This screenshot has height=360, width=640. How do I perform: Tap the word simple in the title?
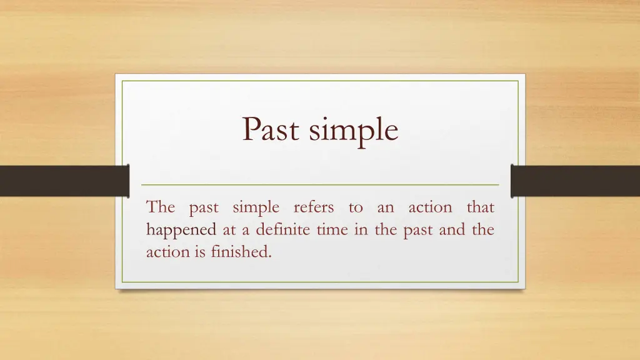[x=353, y=131]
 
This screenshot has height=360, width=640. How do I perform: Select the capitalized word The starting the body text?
[x=161, y=207]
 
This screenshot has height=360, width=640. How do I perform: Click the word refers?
[x=314, y=206]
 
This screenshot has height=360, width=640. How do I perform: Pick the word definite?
[x=283, y=229]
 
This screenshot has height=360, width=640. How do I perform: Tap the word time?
[x=332, y=229]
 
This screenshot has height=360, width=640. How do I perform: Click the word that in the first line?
[x=481, y=207]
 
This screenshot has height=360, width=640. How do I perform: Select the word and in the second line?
[x=452, y=229]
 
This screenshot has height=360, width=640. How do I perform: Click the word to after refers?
[x=356, y=207]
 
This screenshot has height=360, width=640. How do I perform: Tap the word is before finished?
[x=200, y=252]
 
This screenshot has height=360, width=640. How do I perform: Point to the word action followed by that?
[x=430, y=207]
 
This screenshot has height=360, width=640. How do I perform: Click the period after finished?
[x=270, y=257]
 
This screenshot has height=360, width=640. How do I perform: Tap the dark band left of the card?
[x=64, y=181]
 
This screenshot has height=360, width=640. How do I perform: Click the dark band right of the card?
[x=576, y=181]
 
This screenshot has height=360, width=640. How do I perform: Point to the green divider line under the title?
[x=320, y=185]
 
